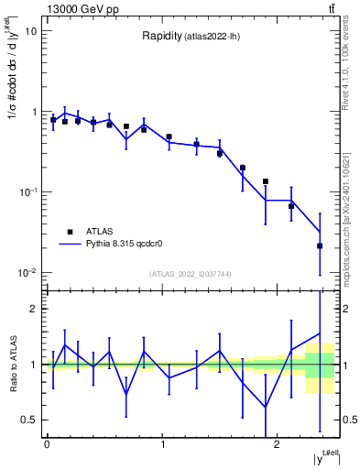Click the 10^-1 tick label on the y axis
point(27,192)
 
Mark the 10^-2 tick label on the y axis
point(27,273)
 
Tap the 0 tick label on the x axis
point(47,444)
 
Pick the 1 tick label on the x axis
point(162,444)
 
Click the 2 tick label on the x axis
point(278,444)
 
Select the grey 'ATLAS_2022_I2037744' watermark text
point(190,274)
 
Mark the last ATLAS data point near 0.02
point(320,245)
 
